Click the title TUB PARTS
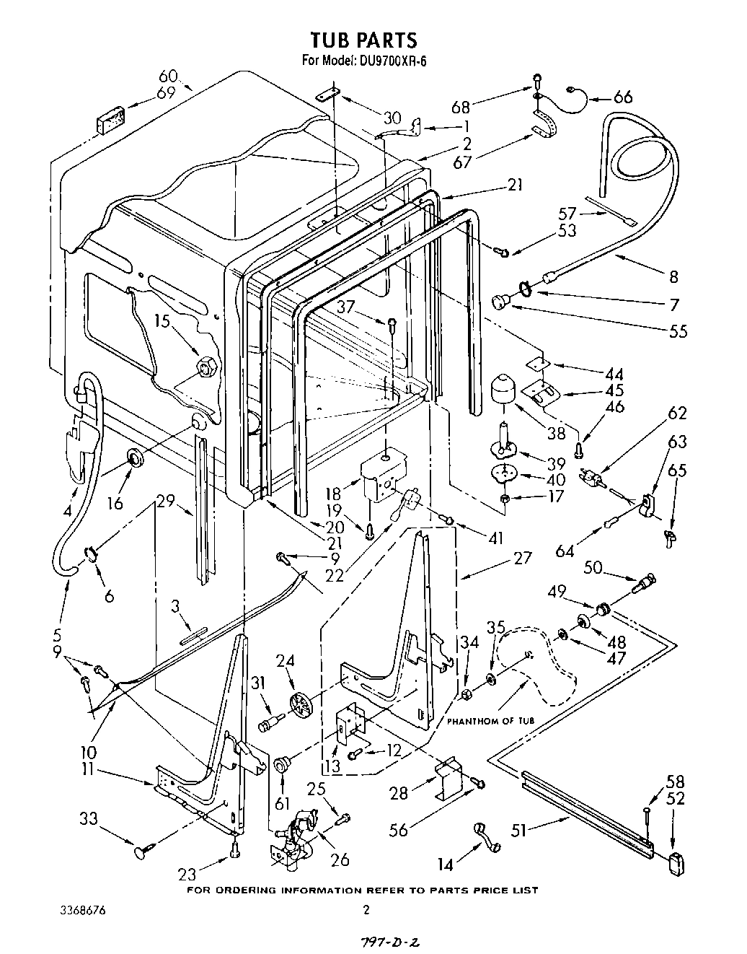tap(363, 39)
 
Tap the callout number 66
tap(622, 97)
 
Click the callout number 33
tap(89, 818)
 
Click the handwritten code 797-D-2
tap(374, 943)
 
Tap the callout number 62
tap(677, 413)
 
